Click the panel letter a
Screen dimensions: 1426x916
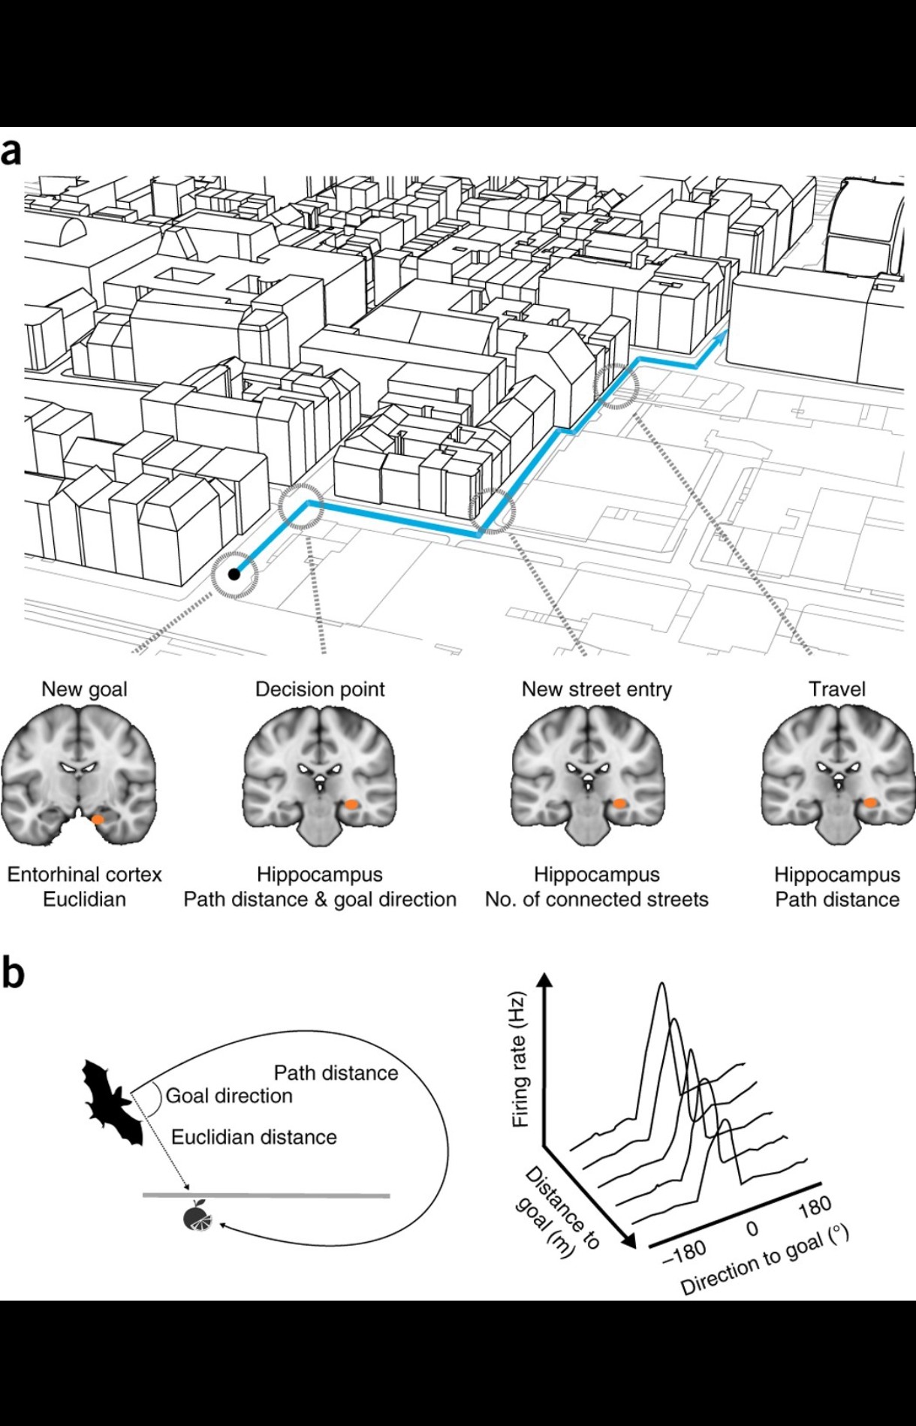coord(11,151)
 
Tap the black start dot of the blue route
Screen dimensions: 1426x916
coord(234,574)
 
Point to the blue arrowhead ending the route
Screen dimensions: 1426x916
coord(722,336)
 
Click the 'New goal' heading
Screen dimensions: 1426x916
coord(84,689)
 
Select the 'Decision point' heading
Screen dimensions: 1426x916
coord(320,689)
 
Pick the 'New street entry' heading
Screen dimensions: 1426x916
coord(596,689)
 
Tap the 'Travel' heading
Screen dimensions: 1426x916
coord(836,689)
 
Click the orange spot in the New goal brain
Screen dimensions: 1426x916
coord(98,819)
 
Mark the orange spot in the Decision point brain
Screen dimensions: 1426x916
coord(351,804)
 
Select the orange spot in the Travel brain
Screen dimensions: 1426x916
coord(869,803)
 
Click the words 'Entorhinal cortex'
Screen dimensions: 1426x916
coord(84,874)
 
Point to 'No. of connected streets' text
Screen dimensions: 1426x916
coord(596,899)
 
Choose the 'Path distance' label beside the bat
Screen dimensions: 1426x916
coord(336,1072)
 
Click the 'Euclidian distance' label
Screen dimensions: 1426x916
coord(254,1137)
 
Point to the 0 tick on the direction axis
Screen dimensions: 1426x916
coord(752,1229)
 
